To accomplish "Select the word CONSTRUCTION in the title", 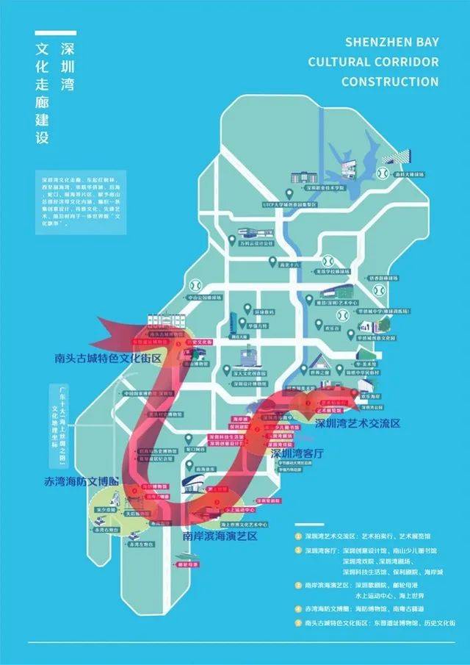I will (390, 81).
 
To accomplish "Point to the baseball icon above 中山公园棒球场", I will (195, 284).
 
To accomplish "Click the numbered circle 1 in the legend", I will (298, 525).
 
